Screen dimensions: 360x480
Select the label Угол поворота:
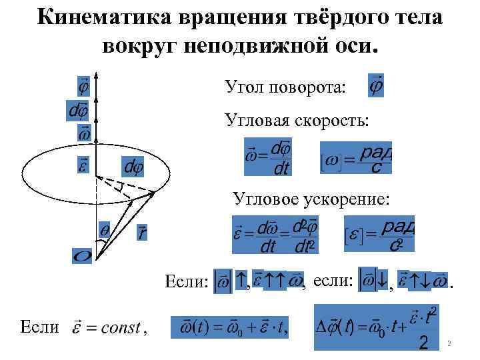coord(285,87)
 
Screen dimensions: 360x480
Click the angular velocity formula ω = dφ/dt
coord(269,157)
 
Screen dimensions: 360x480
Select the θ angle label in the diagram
coord(105,228)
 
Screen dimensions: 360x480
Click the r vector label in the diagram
coord(142,233)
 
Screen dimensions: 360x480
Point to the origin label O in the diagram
coord(83,255)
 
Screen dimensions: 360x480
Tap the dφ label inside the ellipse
coord(131,163)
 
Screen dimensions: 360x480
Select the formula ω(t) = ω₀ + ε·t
coord(230,329)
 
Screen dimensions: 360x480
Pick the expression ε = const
coord(111,327)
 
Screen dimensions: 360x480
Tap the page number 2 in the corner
coord(450,344)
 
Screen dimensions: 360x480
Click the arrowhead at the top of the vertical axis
coord(97,75)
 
